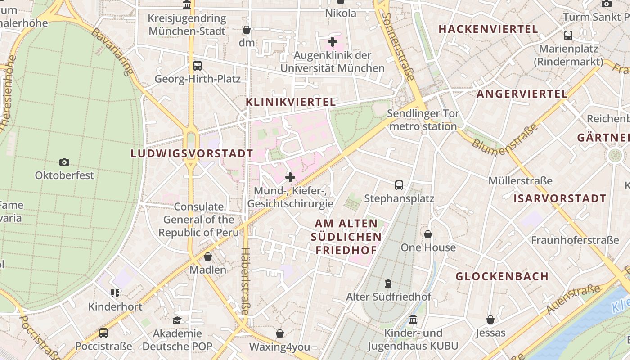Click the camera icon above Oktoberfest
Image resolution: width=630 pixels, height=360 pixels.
click(x=64, y=162)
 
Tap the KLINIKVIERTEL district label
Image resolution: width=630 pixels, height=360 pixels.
click(x=291, y=102)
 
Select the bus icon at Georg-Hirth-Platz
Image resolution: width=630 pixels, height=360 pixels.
click(x=198, y=66)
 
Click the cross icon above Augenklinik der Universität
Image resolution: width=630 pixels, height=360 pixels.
click(x=333, y=42)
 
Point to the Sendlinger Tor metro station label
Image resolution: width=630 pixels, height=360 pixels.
click(x=423, y=120)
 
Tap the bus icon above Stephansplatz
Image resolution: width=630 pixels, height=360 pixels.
click(x=399, y=185)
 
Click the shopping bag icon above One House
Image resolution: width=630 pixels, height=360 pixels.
click(x=428, y=234)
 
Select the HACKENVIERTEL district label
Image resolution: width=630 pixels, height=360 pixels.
click(x=488, y=29)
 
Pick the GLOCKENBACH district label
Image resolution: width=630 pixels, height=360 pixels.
click(x=502, y=276)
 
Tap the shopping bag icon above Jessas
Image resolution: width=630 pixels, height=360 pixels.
click(x=490, y=319)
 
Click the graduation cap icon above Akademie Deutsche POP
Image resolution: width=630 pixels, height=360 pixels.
click(x=177, y=320)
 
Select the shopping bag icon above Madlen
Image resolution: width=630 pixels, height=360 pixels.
click(x=208, y=256)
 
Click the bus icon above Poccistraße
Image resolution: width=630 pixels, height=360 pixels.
click(x=103, y=333)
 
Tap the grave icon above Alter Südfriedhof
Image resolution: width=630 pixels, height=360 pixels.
click(x=388, y=283)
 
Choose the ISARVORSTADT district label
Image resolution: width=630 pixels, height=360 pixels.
click(x=560, y=198)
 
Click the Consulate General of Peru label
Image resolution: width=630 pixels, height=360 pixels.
click(x=198, y=220)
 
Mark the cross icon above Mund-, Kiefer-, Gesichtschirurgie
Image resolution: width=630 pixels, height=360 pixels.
click(x=290, y=177)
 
